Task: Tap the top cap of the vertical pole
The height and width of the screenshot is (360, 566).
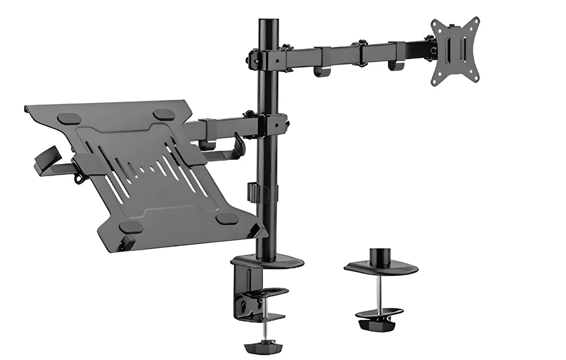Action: [x=267, y=23]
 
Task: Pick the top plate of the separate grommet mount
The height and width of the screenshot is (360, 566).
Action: [x=381, y=268]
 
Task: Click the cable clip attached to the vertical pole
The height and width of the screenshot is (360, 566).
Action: [x=253, y=191]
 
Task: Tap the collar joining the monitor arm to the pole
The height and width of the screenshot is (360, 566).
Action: [x=265, y=56]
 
